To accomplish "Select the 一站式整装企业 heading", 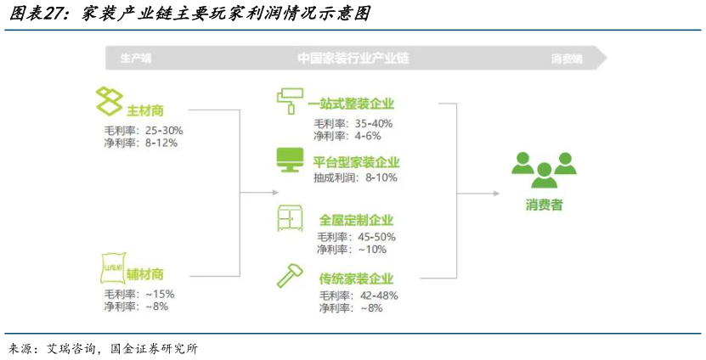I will coord(351,104).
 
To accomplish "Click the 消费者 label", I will coord(544,205).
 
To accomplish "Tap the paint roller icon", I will coord(289,101).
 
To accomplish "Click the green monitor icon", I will coord(289,160).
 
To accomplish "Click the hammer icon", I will coord(288,276).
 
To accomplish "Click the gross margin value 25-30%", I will coord(164,131).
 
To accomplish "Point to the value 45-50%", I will coord(376,237).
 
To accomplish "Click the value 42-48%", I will coord(377,295).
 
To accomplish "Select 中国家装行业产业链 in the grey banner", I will coord(353,59).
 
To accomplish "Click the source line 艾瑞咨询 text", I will coord(63,348).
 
